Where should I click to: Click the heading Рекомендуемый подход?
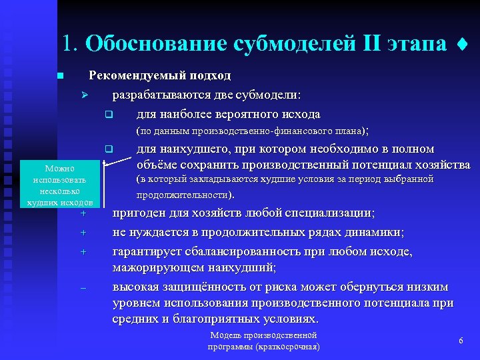(160, 75)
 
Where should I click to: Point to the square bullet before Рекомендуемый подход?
(60, 76)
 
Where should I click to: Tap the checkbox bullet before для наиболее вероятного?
(108, 115)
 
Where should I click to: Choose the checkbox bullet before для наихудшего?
(108, 149)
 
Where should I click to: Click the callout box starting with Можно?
(59, 186)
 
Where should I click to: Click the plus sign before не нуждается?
(84, 233)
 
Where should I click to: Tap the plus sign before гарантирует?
(84, 252)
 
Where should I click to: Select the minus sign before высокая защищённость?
(84, 288)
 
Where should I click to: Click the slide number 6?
(461, 341)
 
